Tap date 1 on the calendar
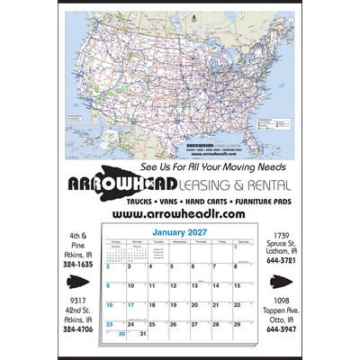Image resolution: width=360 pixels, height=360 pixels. click(236, 247)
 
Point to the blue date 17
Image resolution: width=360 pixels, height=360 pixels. click(131, 305)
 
